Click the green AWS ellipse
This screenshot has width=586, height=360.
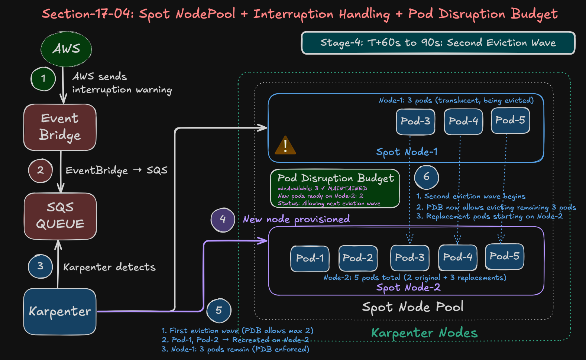point(66,49)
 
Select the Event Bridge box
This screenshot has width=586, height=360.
point(60,127)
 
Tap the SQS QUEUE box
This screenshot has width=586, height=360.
point(60,216)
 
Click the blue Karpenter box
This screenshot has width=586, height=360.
point(60,311)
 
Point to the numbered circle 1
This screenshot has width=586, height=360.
point(43,78)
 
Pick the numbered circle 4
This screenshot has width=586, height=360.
point(223,220)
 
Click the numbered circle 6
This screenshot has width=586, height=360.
point(426,177)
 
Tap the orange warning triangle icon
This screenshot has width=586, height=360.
point(285,146)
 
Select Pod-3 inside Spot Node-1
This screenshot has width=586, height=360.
point(415,121)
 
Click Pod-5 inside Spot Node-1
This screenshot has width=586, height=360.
point(510,120)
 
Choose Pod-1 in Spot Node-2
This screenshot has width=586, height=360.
point(310,258)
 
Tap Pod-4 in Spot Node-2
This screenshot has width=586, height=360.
point(457,257)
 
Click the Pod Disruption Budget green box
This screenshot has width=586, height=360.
point(335,188)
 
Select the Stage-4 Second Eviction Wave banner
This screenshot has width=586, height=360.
point(438,43)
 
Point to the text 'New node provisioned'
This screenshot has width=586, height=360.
point(296,219)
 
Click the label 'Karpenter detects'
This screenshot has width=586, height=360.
point(109,267)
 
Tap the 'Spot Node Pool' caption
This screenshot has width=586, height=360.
point(412,307)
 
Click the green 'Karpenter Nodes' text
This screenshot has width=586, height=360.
point(424,333)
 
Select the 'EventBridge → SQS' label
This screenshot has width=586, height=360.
point(116,171)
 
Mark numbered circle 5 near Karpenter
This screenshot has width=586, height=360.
point(219,310)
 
